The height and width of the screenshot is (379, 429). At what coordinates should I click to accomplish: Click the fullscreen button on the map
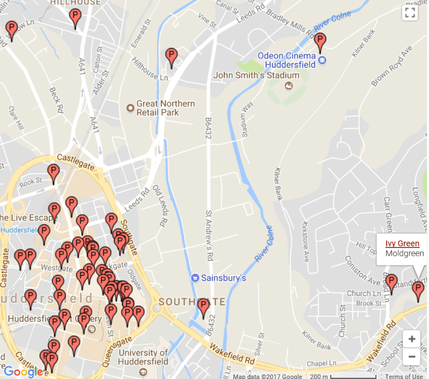click(x=410, y=14)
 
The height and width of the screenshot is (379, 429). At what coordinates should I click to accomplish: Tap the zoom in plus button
click(x=411, y=339)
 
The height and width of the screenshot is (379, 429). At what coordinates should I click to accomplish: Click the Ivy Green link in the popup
click(x=403, y=243)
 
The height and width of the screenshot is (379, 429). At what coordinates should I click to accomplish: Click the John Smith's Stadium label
click(x=256, y=75)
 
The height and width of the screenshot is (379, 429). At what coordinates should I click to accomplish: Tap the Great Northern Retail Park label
click(x=165, y=108)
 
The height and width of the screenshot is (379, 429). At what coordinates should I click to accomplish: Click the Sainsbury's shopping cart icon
click(x=195, y=278)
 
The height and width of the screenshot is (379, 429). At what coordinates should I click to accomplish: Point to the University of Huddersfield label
click(x=143, y=357)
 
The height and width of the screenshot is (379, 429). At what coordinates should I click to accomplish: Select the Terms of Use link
click(x=404, y=376)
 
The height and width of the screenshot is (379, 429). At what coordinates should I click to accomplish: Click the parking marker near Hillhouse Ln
click(x=171, y=57)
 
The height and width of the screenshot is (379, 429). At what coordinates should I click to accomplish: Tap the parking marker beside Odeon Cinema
click(x=320, y=42)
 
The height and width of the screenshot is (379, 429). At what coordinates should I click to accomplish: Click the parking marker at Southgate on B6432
click(x=204, y=307)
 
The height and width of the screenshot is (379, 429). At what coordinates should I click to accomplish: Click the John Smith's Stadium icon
click(x=288, y=86)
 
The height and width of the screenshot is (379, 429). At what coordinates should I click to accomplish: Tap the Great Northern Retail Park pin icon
click(x=130, y=108)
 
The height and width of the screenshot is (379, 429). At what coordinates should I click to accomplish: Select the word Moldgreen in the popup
click(x=404, y=253)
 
